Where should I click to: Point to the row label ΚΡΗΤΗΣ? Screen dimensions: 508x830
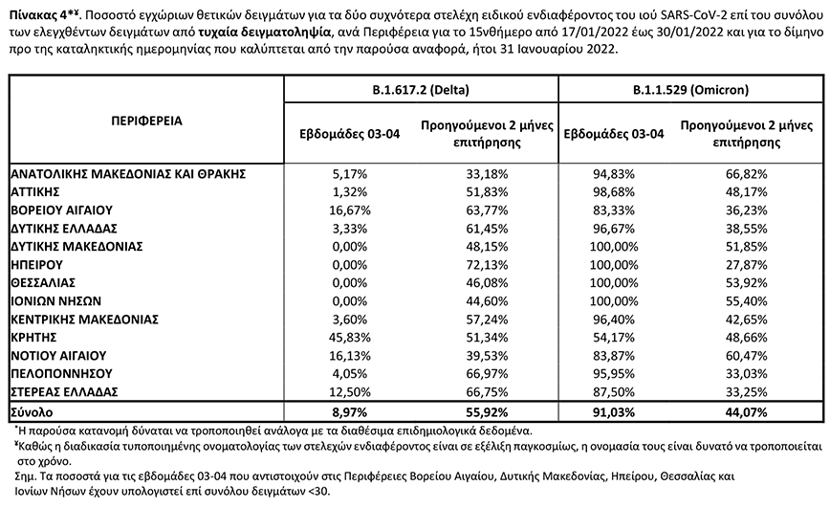(x=35, y=338)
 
